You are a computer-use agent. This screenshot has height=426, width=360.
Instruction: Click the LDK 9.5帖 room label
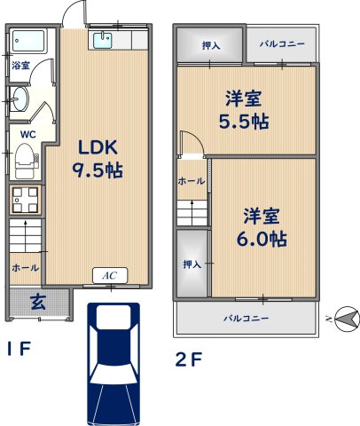coord(98,158)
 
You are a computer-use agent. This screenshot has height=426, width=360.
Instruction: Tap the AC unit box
coord(110,276)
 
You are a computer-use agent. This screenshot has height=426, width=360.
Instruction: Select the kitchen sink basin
coord(103,40)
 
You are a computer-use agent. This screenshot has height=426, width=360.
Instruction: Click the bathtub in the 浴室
coord(28,41)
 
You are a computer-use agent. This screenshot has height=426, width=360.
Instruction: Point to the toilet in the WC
coord(26,160)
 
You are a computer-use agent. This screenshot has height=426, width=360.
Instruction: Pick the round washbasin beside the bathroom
coord(20,99)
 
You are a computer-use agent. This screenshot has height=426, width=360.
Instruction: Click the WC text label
coord(28,135)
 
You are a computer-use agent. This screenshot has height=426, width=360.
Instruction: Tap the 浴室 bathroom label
coord(20,66)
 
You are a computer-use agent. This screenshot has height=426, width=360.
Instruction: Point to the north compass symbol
coord(347,319)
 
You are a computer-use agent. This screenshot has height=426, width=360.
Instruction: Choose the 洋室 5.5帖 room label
coord(244,110)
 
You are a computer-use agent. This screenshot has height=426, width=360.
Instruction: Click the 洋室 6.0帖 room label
coord(262,227)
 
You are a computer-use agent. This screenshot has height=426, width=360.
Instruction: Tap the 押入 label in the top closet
coord(211,45)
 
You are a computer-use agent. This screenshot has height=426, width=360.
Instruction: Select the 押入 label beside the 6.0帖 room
coord(192,264)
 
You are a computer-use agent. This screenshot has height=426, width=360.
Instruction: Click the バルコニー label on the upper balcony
coord(282,44)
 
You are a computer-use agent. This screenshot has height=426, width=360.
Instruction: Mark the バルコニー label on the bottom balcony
coord(246,319)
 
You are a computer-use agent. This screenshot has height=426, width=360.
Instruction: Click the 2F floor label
coord(189,359)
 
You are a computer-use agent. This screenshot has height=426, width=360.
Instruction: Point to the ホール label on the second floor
coord(192,181)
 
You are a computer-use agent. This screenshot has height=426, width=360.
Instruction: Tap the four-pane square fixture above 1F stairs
coord(25,200)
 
